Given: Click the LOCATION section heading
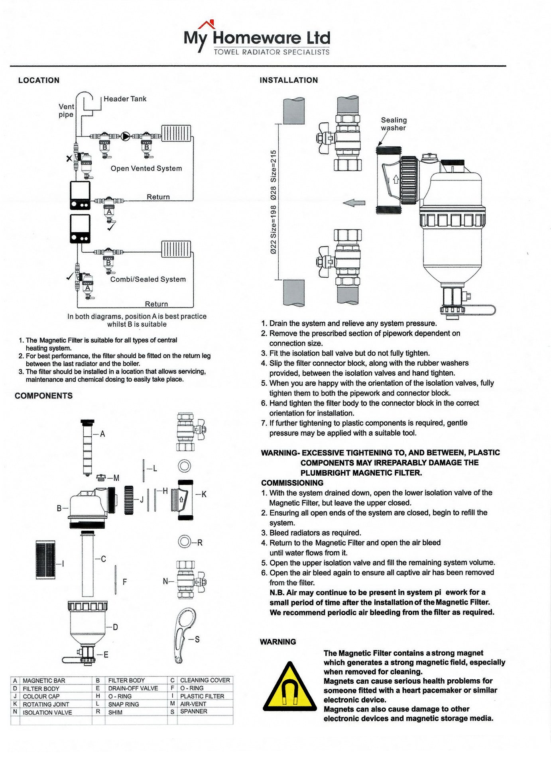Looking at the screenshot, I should point(39,80).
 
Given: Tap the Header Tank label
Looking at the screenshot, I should point(125,99).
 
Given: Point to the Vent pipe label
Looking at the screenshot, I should point(66,110).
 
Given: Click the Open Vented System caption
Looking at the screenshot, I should point(146,169).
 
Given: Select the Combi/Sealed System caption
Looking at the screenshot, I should point(148,279).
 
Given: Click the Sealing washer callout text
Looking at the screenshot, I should point(394,124).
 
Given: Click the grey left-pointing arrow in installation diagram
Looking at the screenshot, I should point(354,203).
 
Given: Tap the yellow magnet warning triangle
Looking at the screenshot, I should point(289,688).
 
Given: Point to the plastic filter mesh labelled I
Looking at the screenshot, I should point(45,559).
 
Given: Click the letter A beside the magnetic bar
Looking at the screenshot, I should point(102,434).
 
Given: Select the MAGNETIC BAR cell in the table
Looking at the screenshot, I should point(44,681).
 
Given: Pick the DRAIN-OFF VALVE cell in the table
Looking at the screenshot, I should point(133,688).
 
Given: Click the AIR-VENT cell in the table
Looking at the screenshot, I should point(193,704).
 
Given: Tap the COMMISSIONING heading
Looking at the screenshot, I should point(292,483).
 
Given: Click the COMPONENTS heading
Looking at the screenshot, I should point(44,396).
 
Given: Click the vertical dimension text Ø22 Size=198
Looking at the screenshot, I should point(274,229).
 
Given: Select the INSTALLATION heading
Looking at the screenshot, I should point(289,80).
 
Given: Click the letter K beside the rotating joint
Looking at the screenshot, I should point(204,494).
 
